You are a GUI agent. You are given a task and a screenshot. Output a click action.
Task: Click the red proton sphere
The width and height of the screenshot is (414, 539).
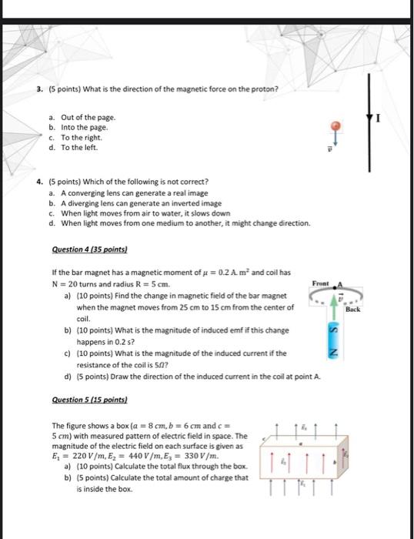(x=336, y=126)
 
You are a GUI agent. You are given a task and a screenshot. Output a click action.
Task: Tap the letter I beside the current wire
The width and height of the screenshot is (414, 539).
(x=379, y=119)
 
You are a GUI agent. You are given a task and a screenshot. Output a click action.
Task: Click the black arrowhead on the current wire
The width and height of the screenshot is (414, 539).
(x=369, y=118)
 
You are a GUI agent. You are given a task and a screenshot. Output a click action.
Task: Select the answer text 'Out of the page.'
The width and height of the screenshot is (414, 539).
(x=88, y=117)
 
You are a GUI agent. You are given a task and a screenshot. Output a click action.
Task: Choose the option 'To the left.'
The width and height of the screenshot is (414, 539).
(x=79, y=148)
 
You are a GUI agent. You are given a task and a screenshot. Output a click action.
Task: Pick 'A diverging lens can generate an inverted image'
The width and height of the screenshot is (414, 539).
(x=142, y=203)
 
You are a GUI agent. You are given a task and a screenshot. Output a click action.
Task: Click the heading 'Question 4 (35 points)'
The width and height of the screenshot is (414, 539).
(x=89, y=249)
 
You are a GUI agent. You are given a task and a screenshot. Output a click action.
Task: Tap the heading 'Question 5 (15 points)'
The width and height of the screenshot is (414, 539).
(x=89, y=400)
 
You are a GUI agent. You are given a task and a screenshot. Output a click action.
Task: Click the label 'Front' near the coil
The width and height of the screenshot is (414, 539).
(x=321, y=283)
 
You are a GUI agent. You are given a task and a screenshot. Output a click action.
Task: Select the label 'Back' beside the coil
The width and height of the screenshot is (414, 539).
(x=353, y=309)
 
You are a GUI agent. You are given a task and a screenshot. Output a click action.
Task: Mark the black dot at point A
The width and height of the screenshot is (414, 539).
(x=335, y=288)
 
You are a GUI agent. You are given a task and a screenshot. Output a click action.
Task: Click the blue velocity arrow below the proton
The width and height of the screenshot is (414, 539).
(x=336, y=139)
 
